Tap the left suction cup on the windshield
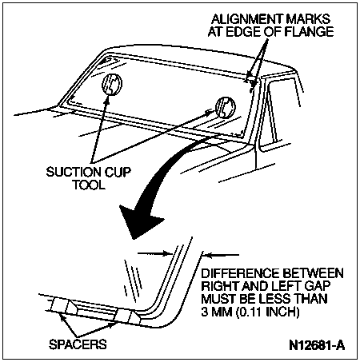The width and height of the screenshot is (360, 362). click(x=112, y=84)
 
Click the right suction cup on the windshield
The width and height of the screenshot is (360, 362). click(x=226, y=108)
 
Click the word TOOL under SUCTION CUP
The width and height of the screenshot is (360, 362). click(x=89, y=185)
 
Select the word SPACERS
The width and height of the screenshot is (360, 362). click(x=78, y=344)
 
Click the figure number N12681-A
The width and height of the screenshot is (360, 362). click(x=317, y=345)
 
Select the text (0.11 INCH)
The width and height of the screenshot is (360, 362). click(x=267, y=312)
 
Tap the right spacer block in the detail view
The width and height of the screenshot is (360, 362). click(x=128, y=316)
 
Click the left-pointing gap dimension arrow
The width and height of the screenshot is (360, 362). click(x=222, y=255)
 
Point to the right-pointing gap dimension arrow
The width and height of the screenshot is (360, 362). click(x=154, y=253)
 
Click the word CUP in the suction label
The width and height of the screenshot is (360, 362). click(x=118, y=172)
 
